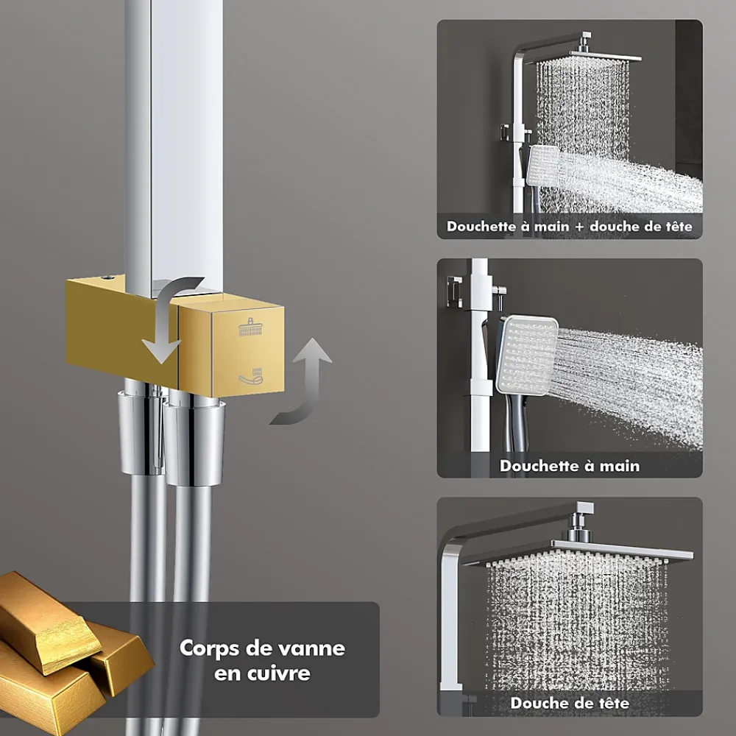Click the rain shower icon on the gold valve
click(x=251, y=327)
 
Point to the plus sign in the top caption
click(x=580, y=227)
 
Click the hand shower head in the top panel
click(x=543, y=166)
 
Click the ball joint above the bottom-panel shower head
click(x=577, y=528)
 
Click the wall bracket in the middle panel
click(x=453, y=291)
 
